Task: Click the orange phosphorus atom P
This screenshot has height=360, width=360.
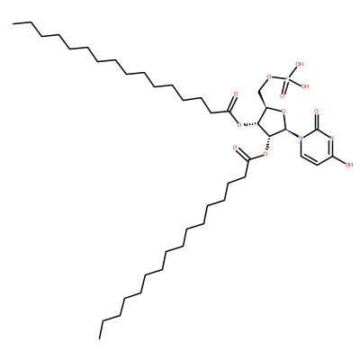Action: tap(287, 78)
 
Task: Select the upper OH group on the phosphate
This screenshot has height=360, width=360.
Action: tap(300, 64)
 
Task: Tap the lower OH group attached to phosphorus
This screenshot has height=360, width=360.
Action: tap(305, 86)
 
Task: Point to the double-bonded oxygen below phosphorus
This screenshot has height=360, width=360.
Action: tap(282, 96)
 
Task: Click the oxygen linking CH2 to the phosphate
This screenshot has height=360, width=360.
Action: tap(268, 77)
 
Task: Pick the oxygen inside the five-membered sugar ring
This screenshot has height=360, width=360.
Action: tap(283, 112)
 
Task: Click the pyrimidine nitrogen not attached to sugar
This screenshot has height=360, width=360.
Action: tap(331, 139)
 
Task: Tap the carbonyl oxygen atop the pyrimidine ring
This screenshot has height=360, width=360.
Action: tap(317, 112)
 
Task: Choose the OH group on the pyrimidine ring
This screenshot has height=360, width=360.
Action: tap(349, 165)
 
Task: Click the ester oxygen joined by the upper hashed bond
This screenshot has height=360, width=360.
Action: tap(239, 124)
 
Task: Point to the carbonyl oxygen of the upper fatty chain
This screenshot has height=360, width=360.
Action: tap(236, 94)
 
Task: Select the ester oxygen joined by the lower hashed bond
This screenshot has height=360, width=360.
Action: tap(265, 155)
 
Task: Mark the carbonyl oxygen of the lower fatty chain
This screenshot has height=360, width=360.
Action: tap(235, 148)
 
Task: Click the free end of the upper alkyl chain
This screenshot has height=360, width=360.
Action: tap(13, 23)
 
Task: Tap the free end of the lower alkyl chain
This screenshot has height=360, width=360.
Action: tap(100, 338)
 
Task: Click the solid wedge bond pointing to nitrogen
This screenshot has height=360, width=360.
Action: tap(292, 133)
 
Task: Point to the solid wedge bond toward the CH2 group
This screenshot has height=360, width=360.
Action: tap(262, 98)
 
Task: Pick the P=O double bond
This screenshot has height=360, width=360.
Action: tap(284, 87)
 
